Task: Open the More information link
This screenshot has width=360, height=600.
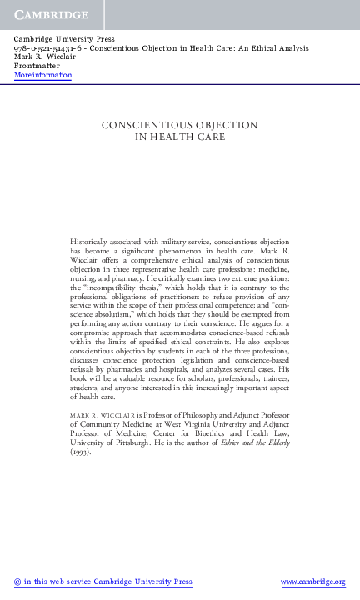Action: coord(42,76)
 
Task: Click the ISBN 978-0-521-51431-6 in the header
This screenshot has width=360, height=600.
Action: coord(46,48)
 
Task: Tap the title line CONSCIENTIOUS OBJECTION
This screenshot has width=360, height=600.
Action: coord(179,125)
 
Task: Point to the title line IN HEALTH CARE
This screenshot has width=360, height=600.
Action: coord(180,136)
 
